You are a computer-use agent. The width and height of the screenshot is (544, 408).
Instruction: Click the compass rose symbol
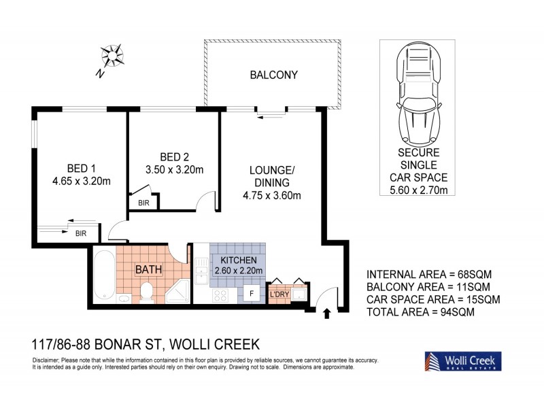(x=112, y=56)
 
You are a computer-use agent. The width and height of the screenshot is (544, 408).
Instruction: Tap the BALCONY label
(x=274, y=75)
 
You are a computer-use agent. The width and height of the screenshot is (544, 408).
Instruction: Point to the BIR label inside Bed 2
(x=144, y=202)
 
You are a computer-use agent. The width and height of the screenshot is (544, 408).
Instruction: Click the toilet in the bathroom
(x=144, y=292)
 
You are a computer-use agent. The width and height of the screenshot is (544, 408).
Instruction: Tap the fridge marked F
(x=251, y=294)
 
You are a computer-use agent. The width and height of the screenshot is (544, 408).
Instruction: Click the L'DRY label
(x=280, y=294)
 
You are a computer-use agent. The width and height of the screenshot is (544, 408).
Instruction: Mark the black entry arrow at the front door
(x=326, y=313)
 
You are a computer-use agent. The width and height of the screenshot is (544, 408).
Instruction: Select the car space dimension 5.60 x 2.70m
(x=413, y=190)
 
